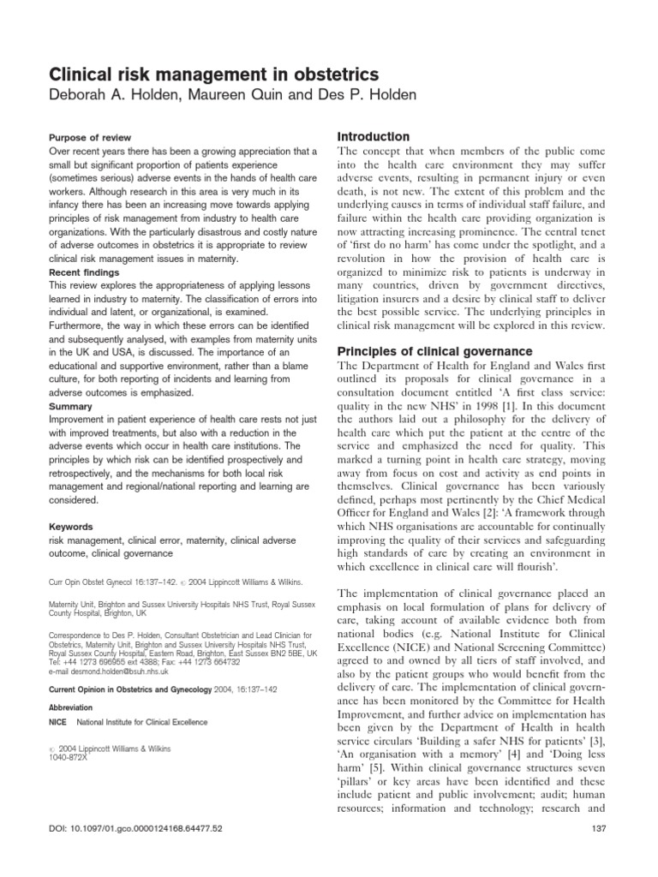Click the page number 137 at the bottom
click(x=599, y=853)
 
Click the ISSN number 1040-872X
click(x=75, y=757)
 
